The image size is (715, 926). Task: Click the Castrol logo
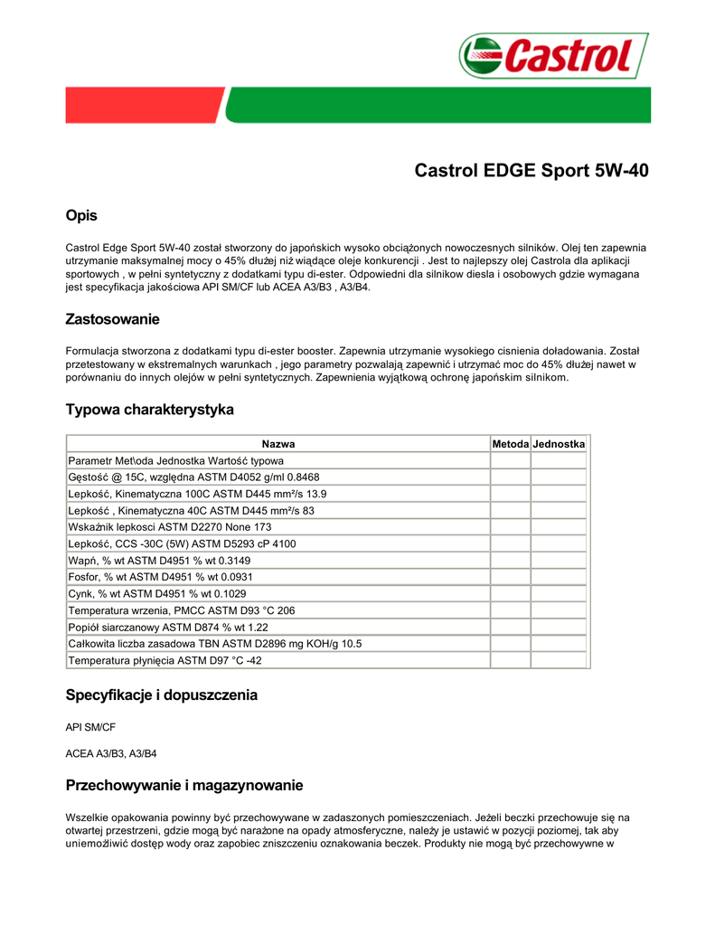553,56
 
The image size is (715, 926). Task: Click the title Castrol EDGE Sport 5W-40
531,171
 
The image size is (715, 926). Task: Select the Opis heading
81,215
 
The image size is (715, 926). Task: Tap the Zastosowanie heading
112,319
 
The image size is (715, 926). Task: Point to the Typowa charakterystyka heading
149,410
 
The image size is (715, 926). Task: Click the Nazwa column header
278,444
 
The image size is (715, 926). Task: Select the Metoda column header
510,444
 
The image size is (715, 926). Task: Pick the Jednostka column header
560,444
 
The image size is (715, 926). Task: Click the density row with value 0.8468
193,477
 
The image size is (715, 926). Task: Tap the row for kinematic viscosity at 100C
197,494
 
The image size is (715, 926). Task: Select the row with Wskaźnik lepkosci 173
169,527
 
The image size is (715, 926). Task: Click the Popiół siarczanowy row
168,627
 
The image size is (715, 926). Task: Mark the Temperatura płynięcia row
165,660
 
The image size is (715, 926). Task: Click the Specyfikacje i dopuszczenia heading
162,695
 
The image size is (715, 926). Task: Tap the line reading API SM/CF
90,727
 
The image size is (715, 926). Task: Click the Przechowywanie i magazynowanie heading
184,785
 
